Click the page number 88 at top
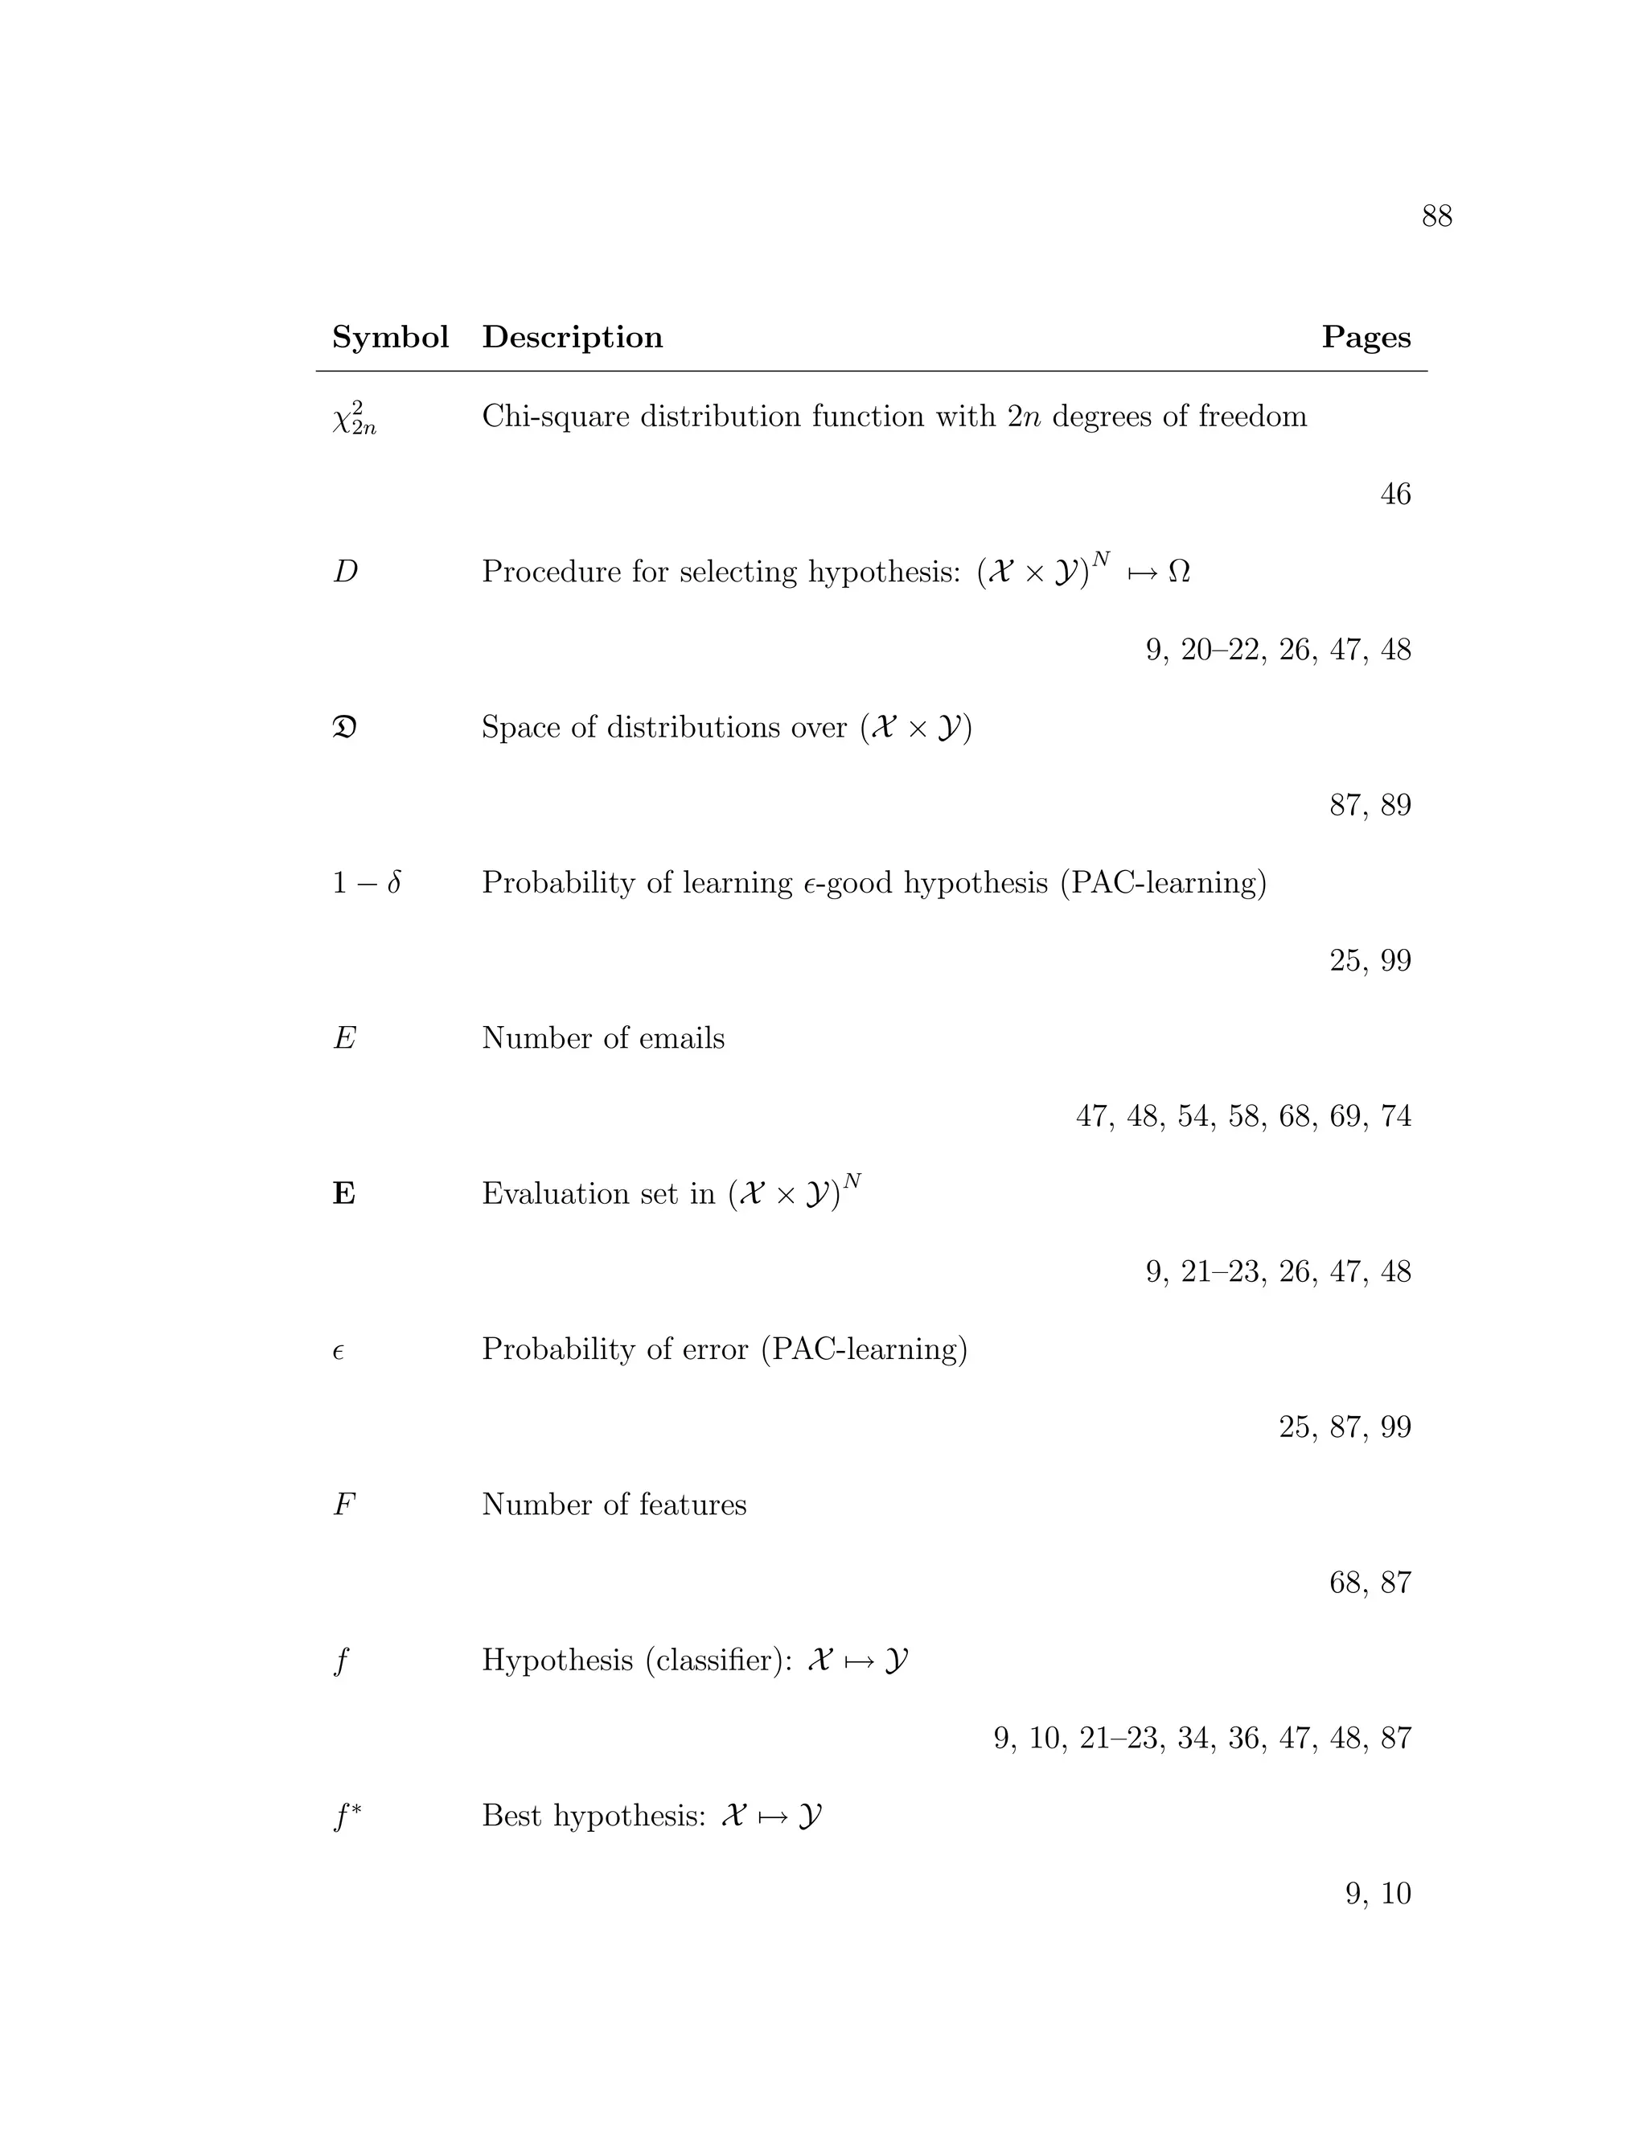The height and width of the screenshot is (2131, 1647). click(x=1436, y=216)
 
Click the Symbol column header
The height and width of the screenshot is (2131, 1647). click(x=390, y=338)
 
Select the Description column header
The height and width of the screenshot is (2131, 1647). click(x=572, y=338)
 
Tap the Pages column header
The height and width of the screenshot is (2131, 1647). click(x=1366, y=338)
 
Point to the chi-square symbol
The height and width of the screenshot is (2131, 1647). click(x=353, y=419)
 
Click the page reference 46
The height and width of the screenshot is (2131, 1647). click(x=1395, y=495)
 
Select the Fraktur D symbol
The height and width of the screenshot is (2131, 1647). click(x=344, y=728)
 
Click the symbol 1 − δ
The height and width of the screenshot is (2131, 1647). click(x=367, y=883)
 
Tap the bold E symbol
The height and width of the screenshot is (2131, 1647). click(x=343, y=1194)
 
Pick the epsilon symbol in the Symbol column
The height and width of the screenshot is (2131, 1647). click(x=339, y=1353)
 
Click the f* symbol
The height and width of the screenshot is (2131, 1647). click(x=347, y=1816)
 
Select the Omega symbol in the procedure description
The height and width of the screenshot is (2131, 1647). click(x=1179, y=572)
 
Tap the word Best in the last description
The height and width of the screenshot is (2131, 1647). click(x=513, y=1816)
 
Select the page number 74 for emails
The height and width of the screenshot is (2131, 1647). click(x=1395, y=1116)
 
